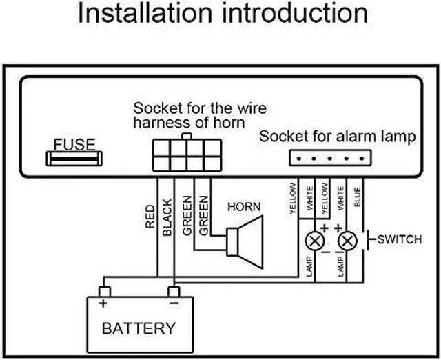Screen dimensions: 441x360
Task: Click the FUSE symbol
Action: coord(74,159)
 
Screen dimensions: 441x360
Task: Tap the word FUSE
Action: coord(74,144)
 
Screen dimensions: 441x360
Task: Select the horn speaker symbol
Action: coord(245,242)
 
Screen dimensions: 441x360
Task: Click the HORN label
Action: coord(244,207)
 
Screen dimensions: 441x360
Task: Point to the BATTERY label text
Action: coord(139,328)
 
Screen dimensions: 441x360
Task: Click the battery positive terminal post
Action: coord(105,292)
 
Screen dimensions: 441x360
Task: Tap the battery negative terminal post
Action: coord(174,292)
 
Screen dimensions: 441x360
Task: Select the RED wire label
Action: coord(150,217)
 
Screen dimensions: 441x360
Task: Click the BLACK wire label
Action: coord(167,217)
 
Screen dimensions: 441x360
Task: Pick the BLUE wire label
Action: coord(357,197)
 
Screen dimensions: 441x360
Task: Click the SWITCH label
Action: coord(400,239)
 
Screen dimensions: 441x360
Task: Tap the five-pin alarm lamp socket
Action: coord(331,158)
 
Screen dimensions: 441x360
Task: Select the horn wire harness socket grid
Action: coord(187,155)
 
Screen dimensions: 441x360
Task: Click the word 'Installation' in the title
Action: coord(145,13)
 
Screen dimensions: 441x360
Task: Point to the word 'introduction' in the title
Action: coord(295,13)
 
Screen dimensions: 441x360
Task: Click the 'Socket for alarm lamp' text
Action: coord(337,137)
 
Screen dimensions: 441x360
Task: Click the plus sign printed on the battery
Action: coord(103,303)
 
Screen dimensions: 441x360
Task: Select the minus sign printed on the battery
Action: coord(174,303)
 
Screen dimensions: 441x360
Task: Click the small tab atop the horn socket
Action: coord(187,137)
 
